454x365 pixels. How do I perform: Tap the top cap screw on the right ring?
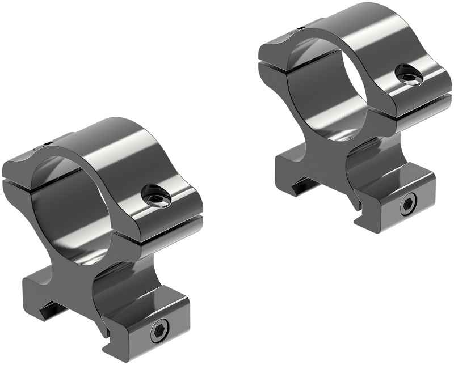[408, 74]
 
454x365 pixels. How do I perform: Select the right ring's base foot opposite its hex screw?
[289, 164]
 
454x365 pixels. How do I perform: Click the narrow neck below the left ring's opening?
[85, 278]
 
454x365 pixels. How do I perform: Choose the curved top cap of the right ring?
[363, 28]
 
